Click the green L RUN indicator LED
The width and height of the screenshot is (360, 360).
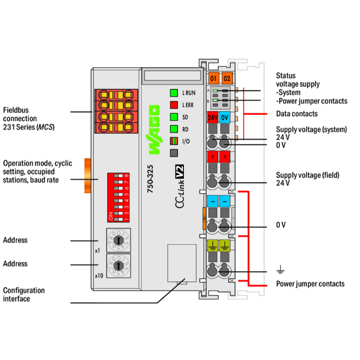pos(174,93)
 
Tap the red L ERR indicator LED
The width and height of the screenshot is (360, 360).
pos(174,105)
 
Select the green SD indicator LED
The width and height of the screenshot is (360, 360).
pos(174,117)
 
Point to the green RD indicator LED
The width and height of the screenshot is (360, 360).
pos(174,129)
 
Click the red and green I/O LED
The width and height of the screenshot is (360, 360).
pos(174,141)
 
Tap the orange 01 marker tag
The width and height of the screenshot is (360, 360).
pos(214,78)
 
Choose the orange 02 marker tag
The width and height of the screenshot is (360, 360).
pos(227,78)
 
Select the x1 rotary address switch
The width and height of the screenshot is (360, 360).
pos(118,239)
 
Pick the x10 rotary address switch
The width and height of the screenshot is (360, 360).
pos(118,264)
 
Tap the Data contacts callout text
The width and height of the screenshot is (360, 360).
pos(297,114)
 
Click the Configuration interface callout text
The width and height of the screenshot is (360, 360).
pos(24,294)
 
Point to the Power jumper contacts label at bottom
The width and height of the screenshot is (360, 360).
pos(310,284)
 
